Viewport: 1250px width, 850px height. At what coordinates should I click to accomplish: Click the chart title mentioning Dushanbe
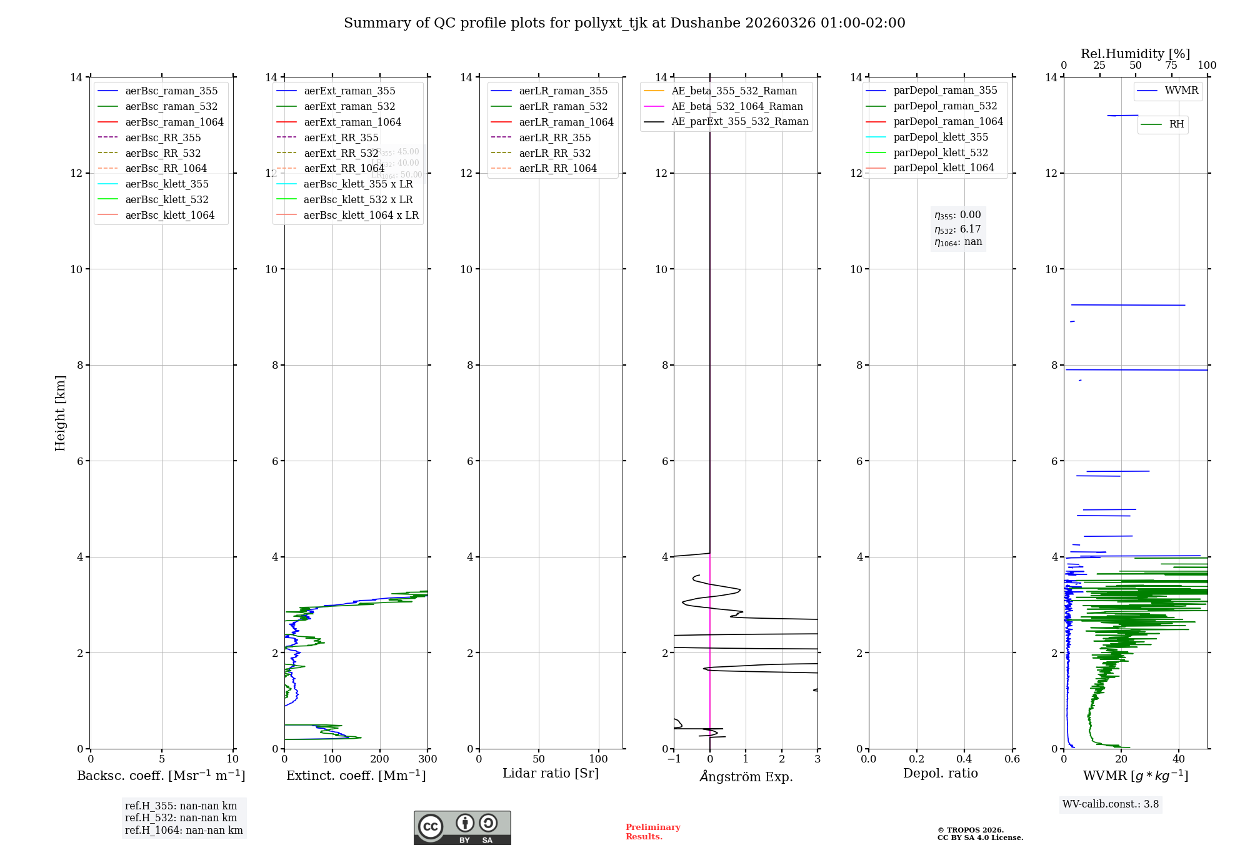[x=624, y=23]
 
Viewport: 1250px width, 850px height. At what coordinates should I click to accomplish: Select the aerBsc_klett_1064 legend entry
[x=169, y=215]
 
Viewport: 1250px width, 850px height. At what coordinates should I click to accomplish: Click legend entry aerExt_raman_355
[x=349, y=91]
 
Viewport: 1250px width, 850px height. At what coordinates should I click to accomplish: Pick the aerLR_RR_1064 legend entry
[x=557, y=169]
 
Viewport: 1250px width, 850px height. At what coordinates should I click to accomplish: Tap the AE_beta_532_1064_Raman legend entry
[x=737, y=107]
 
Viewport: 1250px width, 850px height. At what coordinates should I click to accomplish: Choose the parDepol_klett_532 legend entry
[x=941, y=152]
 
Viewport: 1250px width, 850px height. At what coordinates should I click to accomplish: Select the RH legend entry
[x=1176, y=124]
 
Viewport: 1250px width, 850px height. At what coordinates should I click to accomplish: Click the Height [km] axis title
[x=61, y=413]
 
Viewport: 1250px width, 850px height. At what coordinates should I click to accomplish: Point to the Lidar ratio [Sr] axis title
[x=551, y=774]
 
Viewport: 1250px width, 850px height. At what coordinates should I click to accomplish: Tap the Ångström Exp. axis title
[x=746, y=777]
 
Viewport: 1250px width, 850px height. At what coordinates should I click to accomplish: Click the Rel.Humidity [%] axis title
[x=1135, y=54]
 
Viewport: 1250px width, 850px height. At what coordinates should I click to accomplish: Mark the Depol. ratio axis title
[x=940, y=774]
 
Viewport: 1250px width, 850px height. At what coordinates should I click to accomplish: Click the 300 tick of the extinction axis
[x=428, y=759]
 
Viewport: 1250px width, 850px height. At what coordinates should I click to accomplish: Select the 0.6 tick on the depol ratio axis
[x=1012, y=759]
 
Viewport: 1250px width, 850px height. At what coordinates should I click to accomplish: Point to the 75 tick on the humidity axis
[x=1171, y=66]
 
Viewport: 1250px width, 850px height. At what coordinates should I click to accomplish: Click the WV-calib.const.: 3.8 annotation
[x=1111, y=804]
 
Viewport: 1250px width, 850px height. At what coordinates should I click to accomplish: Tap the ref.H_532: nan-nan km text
[x=181, y=818]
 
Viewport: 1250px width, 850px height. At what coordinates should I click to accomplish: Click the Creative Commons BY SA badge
[x=462, y=827]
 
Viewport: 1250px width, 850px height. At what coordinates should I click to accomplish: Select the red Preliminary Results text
[x=652, y=832]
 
